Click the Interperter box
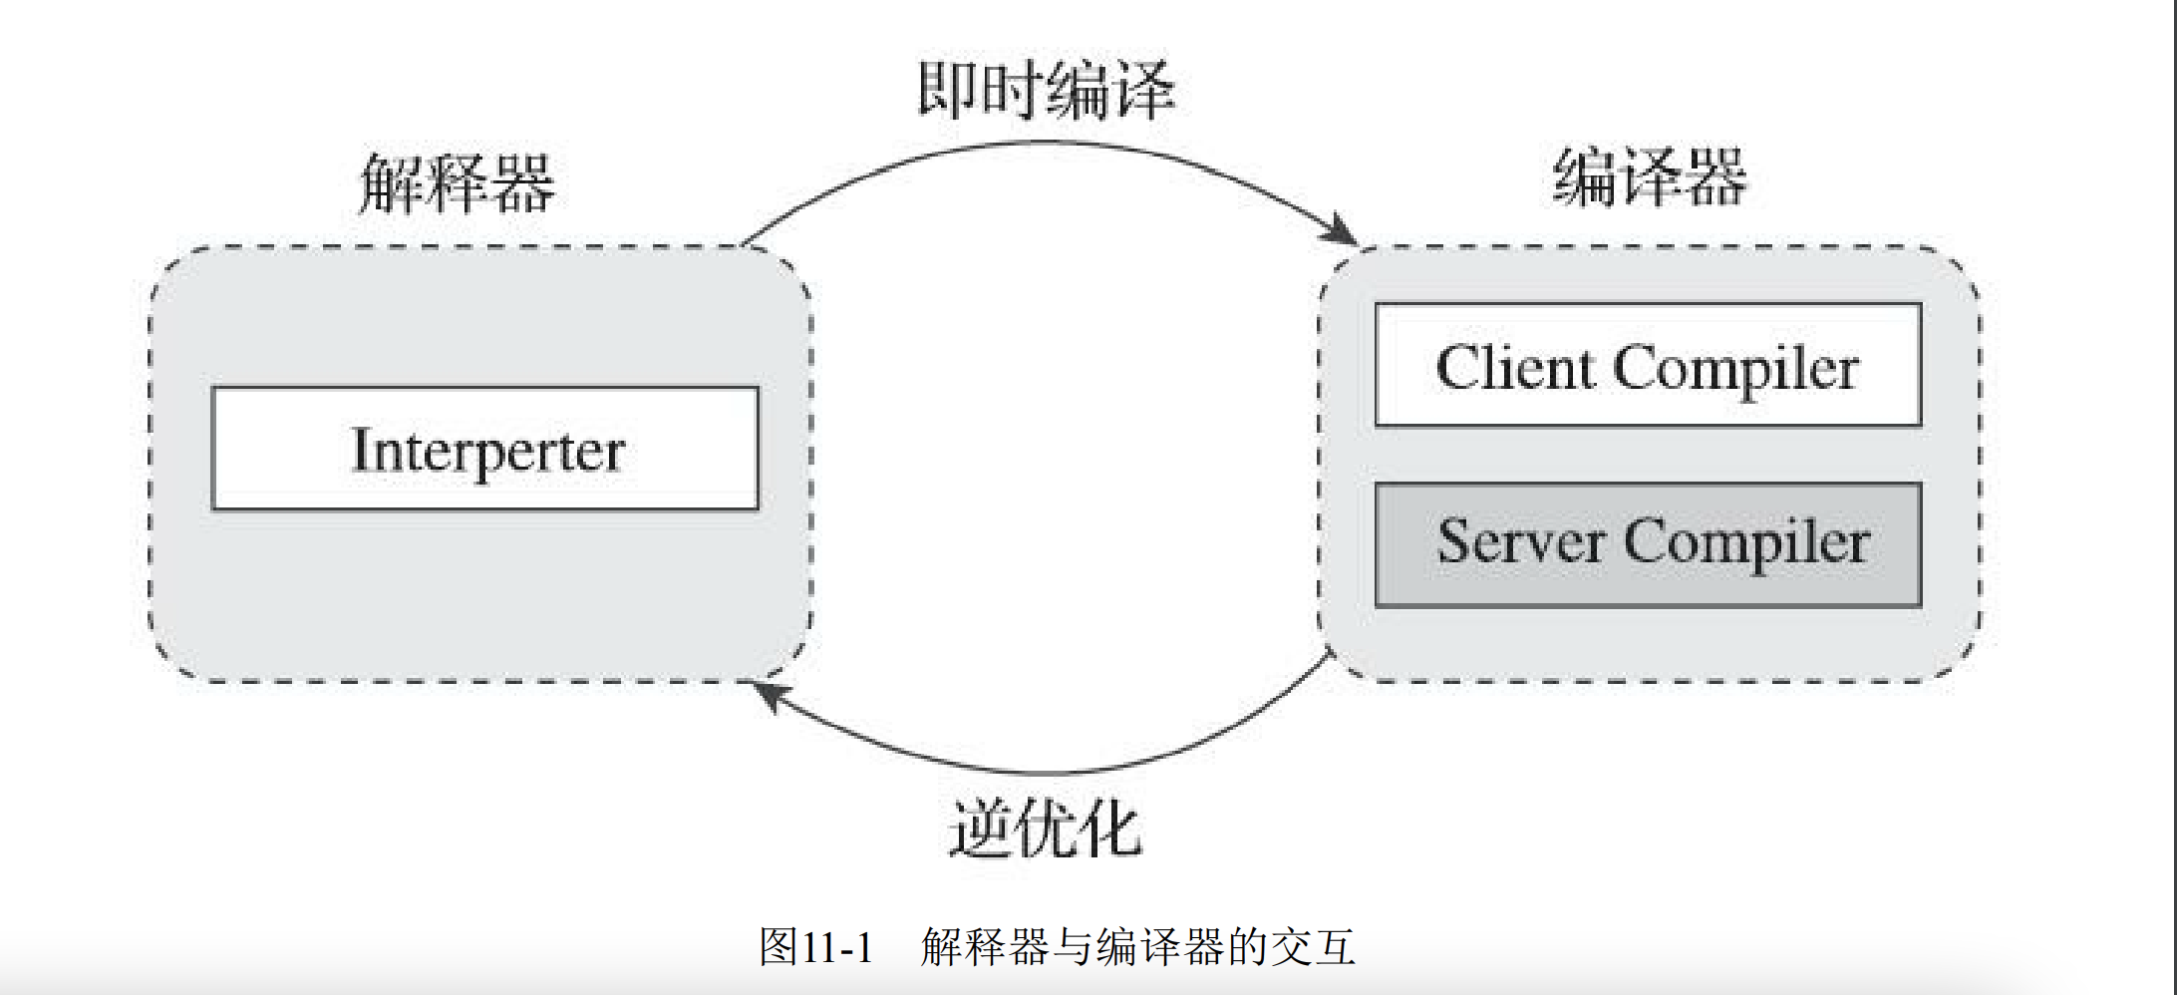[485, 449]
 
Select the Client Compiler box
[1648, 365]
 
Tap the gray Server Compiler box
[1648, 544]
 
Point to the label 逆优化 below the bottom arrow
[1045, 829]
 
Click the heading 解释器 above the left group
[457, 183]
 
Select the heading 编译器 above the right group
[1650, 177]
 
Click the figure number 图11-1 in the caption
[815, 946]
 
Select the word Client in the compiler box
[1515, 367]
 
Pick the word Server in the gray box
[1520, 543]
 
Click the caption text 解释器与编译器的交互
[1137, 946]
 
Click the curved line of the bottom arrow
[1047, 772]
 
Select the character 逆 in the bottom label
[981, 829]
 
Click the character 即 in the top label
[948, 90]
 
